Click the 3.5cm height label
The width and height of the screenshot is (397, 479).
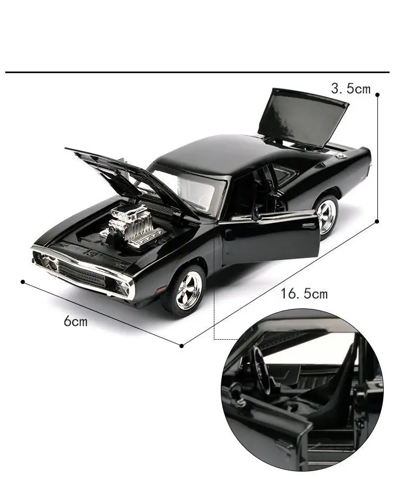pos(350,88)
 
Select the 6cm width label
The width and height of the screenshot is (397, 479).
pos(76,321)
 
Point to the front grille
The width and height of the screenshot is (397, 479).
pos(82,273)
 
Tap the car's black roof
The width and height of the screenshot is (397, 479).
pos(212,152)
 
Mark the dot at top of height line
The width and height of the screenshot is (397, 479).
pos(377,94)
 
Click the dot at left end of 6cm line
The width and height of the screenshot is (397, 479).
pos(23,281)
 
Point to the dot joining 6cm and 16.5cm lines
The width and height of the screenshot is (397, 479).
pos(182,345)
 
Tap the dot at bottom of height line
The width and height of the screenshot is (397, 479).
pos(377,221)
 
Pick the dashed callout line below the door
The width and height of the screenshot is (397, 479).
pos(214,318)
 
